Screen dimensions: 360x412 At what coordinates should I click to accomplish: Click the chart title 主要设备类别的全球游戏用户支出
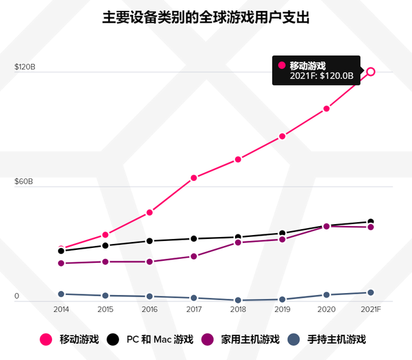pos(206,17)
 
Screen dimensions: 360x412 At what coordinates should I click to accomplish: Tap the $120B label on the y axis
pos(24,68)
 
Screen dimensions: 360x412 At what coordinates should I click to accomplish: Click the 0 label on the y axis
pos(17,296)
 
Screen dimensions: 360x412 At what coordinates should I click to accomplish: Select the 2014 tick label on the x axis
pos(61,310)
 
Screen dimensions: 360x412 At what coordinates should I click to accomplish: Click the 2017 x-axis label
pos(194,310)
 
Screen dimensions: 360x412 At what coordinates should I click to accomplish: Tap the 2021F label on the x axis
pos(371,310)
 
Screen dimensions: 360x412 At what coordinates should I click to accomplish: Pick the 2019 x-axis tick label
pos(282,310)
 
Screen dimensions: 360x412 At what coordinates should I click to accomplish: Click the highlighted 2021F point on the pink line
pos(371,71)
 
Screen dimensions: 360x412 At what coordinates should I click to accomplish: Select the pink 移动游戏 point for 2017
pos(194,178)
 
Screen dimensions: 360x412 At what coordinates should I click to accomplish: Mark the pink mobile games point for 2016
pos(149,213)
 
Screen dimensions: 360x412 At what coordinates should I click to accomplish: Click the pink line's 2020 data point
pos(326,109)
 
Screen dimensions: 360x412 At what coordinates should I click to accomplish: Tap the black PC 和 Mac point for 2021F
pos(371,222)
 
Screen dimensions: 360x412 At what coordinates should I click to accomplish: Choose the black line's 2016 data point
pos(149,241)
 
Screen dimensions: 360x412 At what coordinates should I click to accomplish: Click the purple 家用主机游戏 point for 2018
pos(238,243)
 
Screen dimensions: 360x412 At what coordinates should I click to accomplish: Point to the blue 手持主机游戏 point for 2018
pos(238,300)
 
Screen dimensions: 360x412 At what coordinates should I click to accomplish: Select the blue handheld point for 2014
pos(61,294)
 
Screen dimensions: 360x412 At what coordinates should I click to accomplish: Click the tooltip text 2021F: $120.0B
pos(321,76)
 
